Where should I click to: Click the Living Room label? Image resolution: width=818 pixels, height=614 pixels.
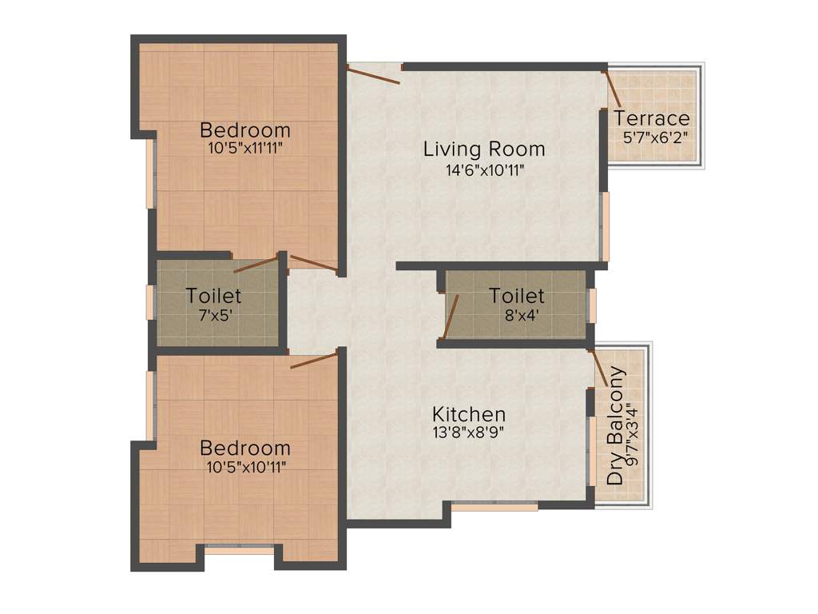[484, 149]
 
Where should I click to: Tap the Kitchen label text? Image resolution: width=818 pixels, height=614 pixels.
[469, 414]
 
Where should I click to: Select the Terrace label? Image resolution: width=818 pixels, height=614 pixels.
[652, 119]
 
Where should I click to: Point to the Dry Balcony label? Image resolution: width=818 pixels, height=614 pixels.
[616, 425]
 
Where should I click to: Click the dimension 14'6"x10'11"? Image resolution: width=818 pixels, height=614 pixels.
[484, 169]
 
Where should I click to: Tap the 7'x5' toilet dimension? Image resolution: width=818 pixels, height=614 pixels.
[213, 314]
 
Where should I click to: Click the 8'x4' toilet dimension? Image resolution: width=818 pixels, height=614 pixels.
[517, 314]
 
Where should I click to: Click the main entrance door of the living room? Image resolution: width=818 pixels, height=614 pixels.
[374, 74]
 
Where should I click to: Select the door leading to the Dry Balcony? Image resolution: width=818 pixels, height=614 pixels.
[598, 369]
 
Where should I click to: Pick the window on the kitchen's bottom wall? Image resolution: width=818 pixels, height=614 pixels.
[494, 506]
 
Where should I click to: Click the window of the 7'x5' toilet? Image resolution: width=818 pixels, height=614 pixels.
[149, 302]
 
